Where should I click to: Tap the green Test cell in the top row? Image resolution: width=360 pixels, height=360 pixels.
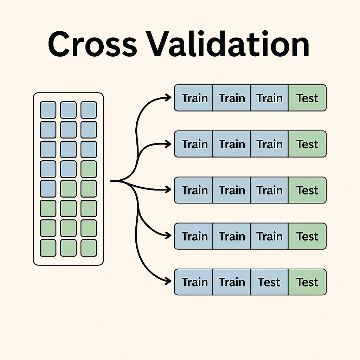307,98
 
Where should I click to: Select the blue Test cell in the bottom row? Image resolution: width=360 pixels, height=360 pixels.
269,282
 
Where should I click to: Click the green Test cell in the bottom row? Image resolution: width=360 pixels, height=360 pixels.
307,282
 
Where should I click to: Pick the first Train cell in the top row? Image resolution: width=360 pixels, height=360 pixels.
194,98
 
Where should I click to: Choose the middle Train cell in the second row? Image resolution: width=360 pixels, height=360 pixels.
232,144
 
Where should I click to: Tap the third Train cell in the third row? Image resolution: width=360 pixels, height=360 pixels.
269,190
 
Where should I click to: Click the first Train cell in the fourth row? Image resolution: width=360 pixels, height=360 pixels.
194,236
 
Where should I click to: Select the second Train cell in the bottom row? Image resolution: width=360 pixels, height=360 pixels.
232,282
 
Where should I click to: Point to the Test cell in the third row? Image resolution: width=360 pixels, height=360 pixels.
307,190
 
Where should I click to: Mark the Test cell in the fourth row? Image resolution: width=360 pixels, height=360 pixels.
307,236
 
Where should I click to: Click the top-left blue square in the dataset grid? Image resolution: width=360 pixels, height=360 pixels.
48,110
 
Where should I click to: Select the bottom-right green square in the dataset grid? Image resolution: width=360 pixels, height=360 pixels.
89,248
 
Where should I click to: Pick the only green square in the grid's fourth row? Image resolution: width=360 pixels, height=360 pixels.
89,169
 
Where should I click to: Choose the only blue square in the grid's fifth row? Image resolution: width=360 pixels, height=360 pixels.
48,189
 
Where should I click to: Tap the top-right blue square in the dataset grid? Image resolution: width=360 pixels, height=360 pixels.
89,110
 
